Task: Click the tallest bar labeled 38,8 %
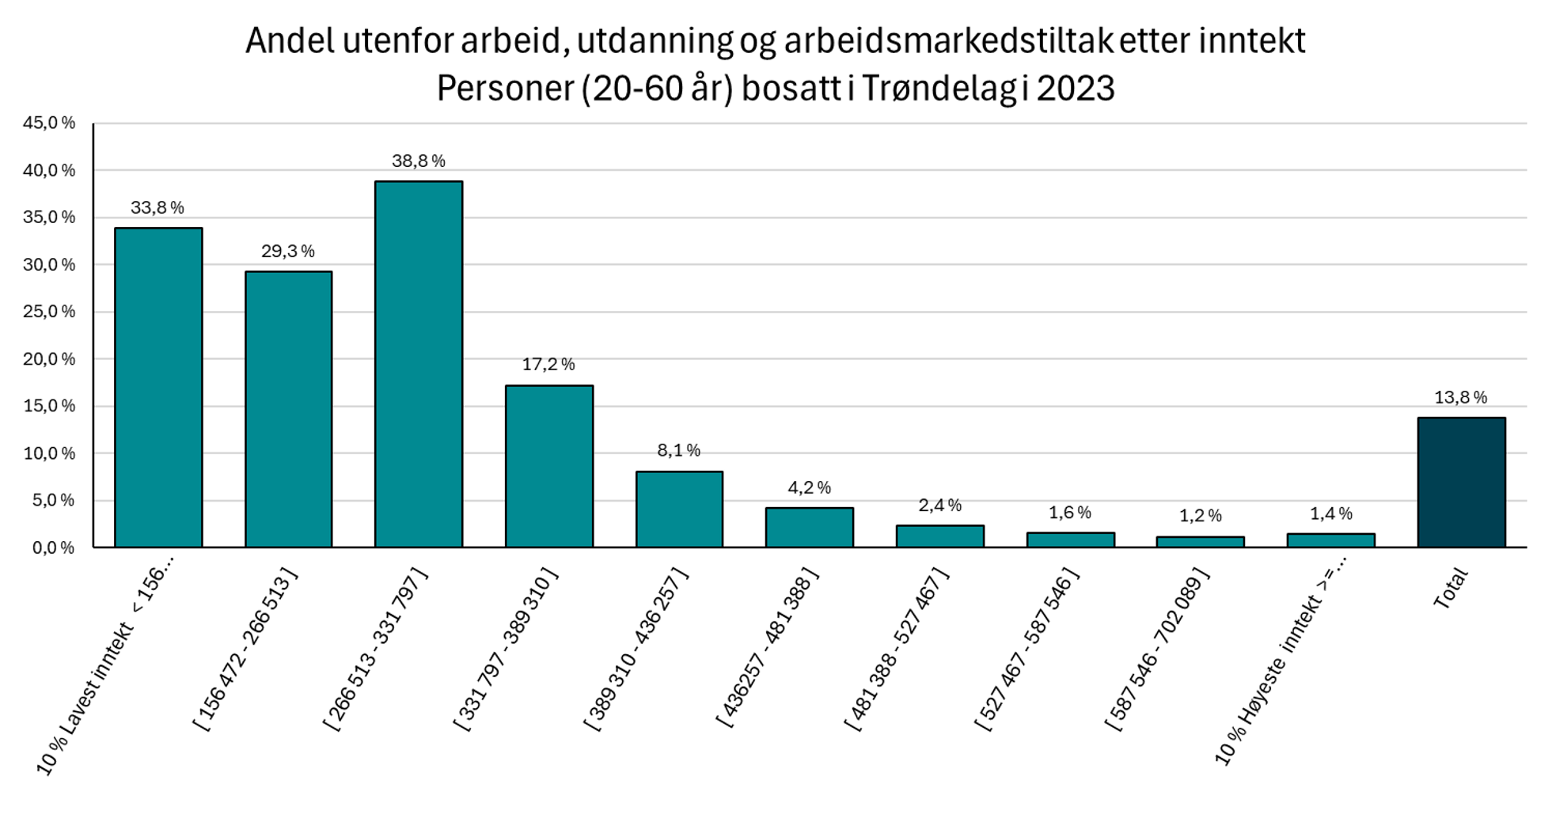pos(418,364)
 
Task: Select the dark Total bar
pos(1460,483)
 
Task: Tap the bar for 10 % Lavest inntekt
pos(158,388)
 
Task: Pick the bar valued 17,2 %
pos(548,467)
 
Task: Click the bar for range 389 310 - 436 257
pos(679,509)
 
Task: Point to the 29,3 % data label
pos(287,252)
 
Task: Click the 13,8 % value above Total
pos(1460,398)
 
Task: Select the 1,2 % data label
pos(1200,517)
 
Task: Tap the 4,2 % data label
pos(809,488)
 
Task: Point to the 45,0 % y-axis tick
pos(49,123)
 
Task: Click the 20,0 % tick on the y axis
pos(49,359)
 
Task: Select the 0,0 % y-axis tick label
pos(53,547)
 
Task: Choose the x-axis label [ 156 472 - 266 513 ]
pos(246,649)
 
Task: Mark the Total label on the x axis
pos(1451,589)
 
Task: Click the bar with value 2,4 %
pos(939,536)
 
